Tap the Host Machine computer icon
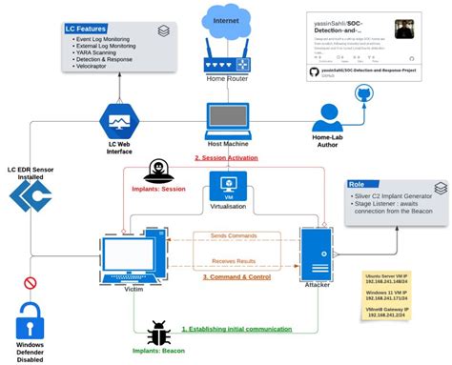[227, 124]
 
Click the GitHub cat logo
[363, 93]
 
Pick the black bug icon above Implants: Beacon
[158, 333]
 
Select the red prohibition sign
[30, 282]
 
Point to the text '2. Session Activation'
[228, 157]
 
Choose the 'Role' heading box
[358, 184]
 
